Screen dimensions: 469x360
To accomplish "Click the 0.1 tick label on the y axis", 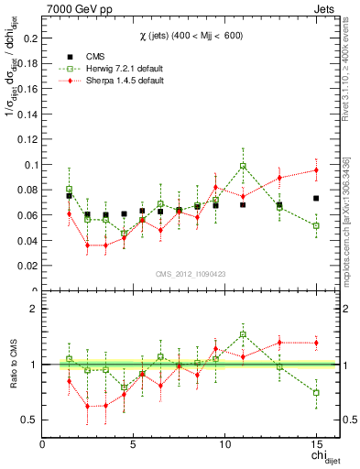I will point(27,165).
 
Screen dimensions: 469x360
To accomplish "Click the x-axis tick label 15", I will point(315,443).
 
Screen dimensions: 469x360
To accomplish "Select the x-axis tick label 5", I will point(134,443).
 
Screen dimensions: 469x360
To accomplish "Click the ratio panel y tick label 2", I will point(33,309).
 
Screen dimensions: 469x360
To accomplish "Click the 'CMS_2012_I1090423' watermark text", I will point(190,275).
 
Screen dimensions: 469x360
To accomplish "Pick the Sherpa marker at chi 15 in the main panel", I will point(315,169).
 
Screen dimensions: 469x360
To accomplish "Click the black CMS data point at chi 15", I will point(315,198).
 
